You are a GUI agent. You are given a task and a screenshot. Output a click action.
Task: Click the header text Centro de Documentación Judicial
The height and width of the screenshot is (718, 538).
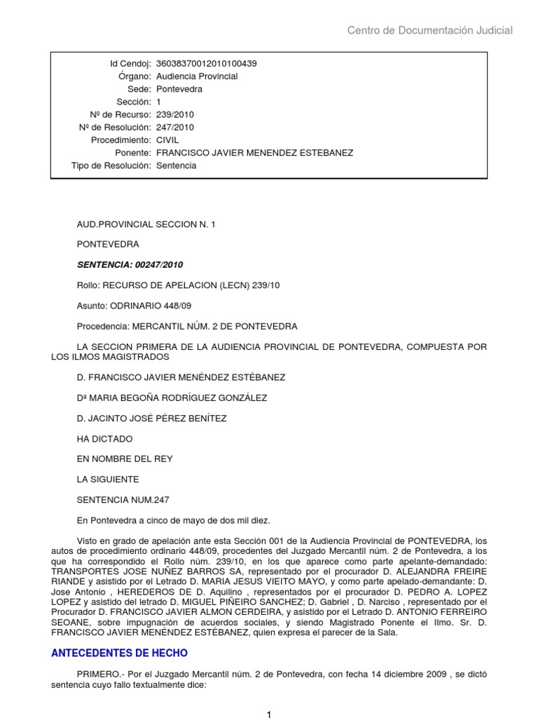coord(430,30)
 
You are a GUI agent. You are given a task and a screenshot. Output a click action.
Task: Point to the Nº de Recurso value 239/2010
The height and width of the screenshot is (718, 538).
coord(175,115)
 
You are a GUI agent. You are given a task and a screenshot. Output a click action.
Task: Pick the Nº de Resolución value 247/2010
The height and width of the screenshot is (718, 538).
coord(175,128)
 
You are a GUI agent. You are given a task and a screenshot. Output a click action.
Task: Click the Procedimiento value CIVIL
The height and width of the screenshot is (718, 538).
coord(167,140)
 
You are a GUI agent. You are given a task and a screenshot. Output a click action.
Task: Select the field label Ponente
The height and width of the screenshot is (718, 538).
coord(133,153)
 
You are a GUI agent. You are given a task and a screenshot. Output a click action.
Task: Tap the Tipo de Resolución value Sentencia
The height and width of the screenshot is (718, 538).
coord(177,166)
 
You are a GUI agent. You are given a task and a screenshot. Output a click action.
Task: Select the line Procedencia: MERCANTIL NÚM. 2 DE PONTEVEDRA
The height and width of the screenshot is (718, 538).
coord(187,326)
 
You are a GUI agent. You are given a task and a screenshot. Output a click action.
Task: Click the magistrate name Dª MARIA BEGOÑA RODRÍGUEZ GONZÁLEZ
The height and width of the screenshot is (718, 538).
coord(172,398)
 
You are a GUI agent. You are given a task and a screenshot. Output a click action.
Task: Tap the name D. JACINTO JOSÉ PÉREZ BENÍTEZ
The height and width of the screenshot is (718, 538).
coord(151,419)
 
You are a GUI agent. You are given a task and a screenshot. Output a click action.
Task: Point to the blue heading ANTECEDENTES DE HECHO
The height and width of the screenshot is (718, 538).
coord(120,653)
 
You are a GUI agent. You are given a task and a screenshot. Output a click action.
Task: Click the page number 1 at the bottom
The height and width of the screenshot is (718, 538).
coord(268,714)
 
